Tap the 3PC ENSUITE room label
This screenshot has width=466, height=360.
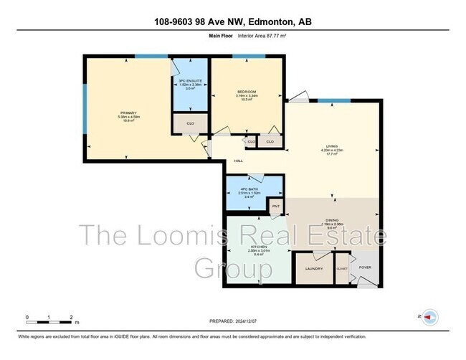pyautogui.click(x=190, y=81)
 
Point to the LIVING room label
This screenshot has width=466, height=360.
pyautogui.click(x=332, y=146)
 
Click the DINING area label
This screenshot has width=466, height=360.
pyautogui.click(x=333, y=222)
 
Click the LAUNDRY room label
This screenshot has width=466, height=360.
pyautogui.click(x=314, y=269)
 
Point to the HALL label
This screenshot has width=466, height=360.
pyautogui.click(x=219, y=161)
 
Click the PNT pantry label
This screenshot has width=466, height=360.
pyautogui.click(x=276, y=206)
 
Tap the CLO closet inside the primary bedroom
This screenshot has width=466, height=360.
pyautogui.click(x=190, y=123)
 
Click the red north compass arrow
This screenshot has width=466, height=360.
pyautogui.click(x=429, y=316)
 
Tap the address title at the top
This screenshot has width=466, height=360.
pyautogui.click(x=232, y=20)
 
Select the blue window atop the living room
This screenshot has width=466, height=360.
pyautogui.click(x=333, y=100)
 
